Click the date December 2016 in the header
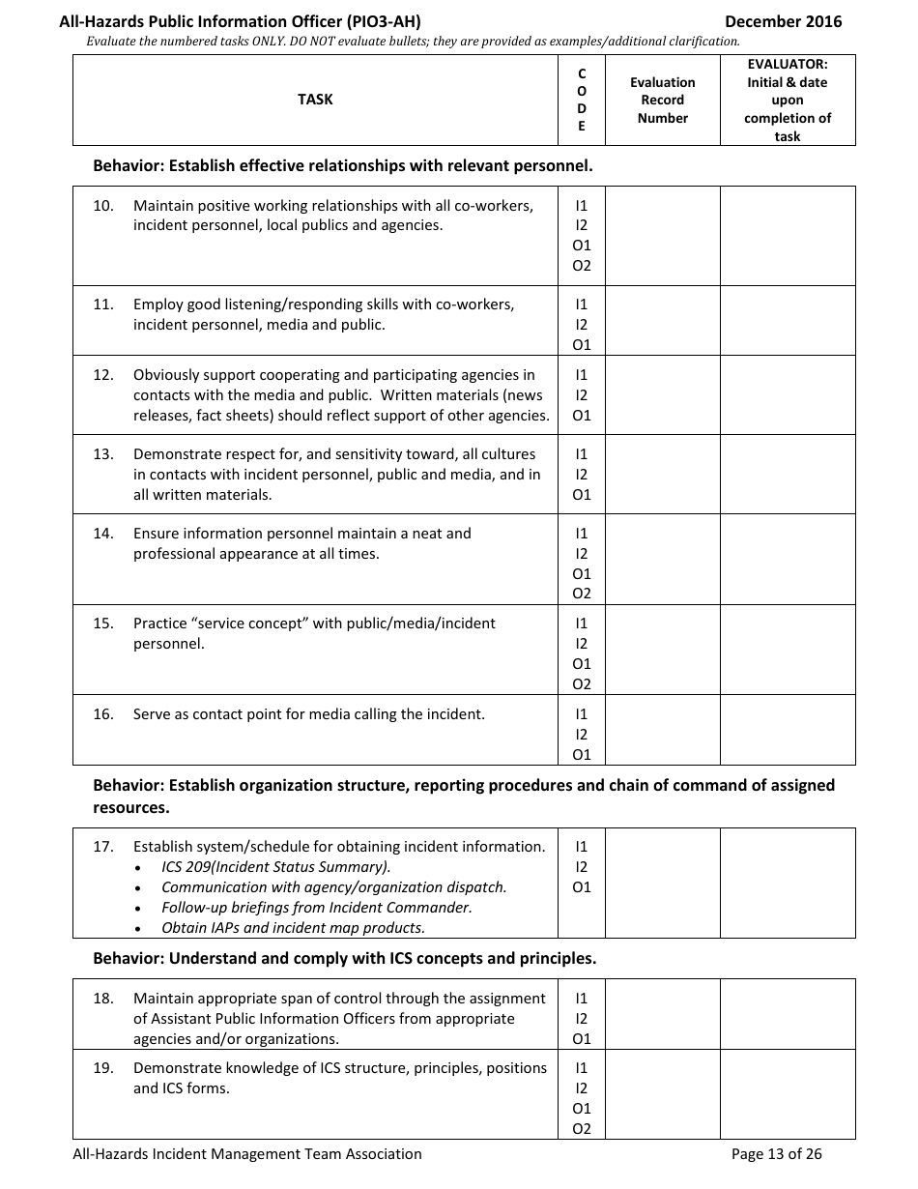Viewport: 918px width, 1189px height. pyautogui.click(x=783, y=21)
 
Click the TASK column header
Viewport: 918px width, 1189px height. pyautogui.click(x=315, y=100)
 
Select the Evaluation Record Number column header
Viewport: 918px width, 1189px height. pyautogui.click(x=662, y=101)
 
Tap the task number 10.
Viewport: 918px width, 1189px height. pyautogui.click(x=103, y=206)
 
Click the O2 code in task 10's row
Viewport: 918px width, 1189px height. pyautogui.click(x=582, y=266)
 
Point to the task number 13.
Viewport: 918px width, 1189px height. pyautogui.click(x=103, y=454)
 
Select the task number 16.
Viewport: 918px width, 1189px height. pyautogui.click(x=103, y=714)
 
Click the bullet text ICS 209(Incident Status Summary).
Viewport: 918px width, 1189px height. pyautogui.click(x=275, y=867)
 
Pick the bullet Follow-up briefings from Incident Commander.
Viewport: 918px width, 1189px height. pyautogui.click(x=316, y=908)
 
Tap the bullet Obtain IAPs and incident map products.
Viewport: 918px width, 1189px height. pyautogui.click(x=293, y=928)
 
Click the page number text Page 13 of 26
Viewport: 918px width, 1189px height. pyautogui.click(x=776, y=1153)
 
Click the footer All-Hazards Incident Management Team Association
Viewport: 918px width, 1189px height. pyautogui.click(x=247, y=1153)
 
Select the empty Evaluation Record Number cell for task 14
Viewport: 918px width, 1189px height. pyautogui.click(x=662, y=559)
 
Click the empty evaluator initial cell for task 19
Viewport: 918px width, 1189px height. pyautogui.click(x=787, y=1094)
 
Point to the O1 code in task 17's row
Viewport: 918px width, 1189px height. pyautogui.click(x=582, y=887)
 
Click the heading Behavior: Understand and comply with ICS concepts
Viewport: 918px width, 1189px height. pyautogui.click(x=344, y=959)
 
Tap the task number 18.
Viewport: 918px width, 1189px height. pyautogui.click(x=103, y=999)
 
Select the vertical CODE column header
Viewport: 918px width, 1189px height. pyautogui.click(x=582, y=100)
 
